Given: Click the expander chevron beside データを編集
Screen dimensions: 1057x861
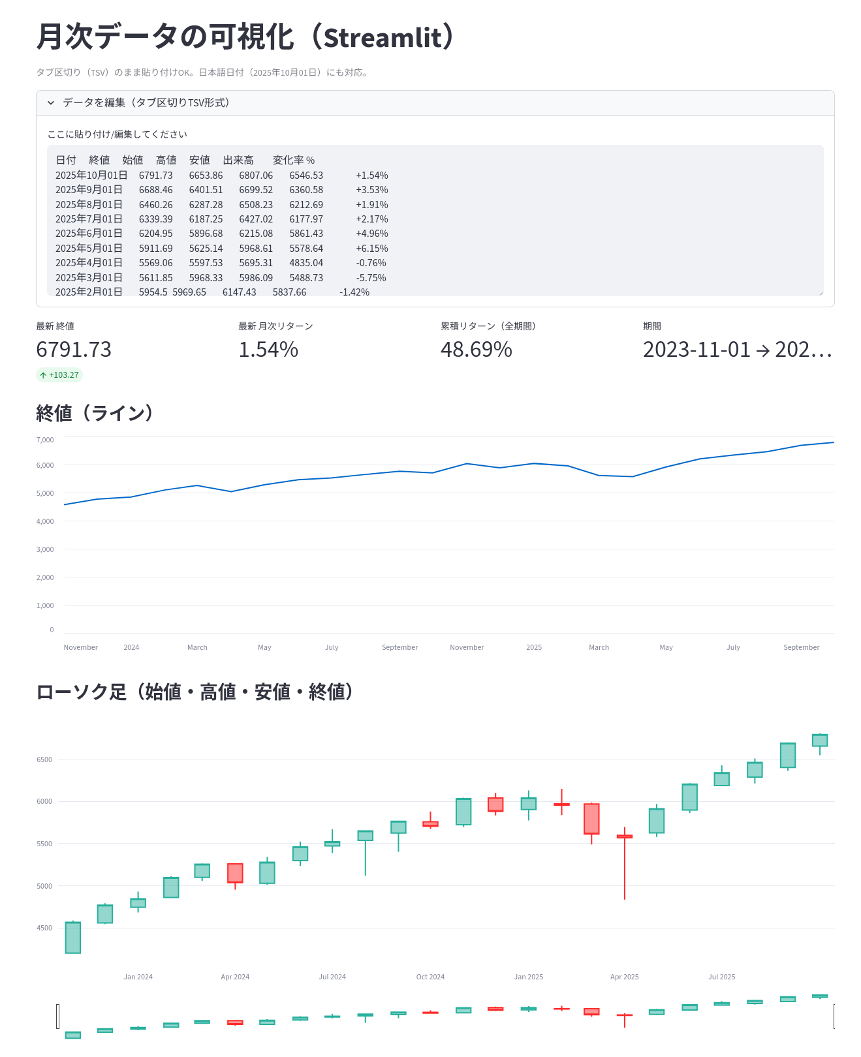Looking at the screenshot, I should click(51, 103).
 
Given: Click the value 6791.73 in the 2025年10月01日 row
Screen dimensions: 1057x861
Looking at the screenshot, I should click(155, 176).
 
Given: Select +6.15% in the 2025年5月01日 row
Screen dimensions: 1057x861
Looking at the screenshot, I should click(371, 249).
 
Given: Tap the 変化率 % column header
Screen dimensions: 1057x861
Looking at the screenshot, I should click(293, 161).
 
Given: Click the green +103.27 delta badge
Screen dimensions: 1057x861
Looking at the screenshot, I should click(59, 375).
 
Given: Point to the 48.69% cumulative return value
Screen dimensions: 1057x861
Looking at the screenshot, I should click(476, 350).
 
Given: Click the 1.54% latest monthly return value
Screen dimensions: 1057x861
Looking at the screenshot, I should click(268, 350).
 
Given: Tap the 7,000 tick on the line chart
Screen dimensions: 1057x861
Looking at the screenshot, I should click(45, 440).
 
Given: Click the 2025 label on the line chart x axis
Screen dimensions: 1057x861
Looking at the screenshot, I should click(534, 647).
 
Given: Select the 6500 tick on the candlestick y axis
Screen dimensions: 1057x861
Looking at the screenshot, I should click(44, 759).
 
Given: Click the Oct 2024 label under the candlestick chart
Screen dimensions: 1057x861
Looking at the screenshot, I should click(430, 977).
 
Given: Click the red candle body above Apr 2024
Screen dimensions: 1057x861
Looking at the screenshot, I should click(235, 873).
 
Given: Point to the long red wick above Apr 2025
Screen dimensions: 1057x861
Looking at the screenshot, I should click(625, 868).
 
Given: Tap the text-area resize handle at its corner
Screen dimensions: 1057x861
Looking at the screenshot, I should click(821, 293).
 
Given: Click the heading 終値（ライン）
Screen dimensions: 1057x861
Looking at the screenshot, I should click(95, 413).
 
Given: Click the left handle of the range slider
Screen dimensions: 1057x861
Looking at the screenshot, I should click(58, 1016).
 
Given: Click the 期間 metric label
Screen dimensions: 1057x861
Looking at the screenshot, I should click(652, 326).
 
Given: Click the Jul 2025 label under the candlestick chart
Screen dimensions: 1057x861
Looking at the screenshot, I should click(721, 977).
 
